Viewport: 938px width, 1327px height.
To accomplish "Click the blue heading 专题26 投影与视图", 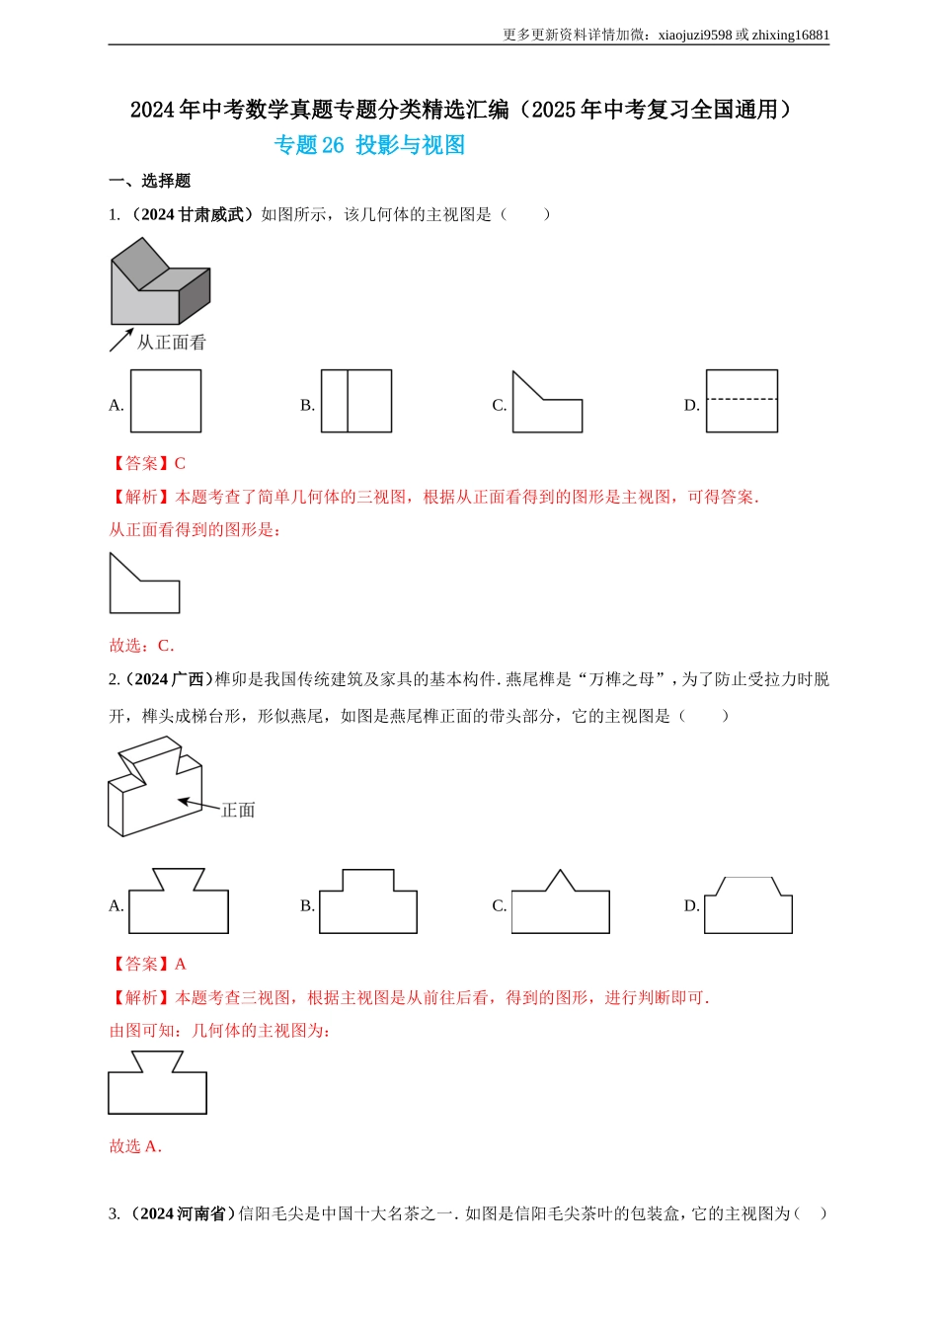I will (x=369, y=145).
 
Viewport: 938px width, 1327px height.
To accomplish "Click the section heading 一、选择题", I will (x=149, y=181).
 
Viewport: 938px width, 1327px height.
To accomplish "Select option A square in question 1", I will (x=166, y=401).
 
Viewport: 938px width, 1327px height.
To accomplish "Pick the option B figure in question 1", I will (x=356, y=401).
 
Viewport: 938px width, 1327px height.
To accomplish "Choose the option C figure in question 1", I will (x=546, y=406).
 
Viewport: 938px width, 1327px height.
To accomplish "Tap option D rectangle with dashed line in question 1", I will (x=742, y=401).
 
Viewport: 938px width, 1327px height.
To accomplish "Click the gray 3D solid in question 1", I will (x=159, y=284).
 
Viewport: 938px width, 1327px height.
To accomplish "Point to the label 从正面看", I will (x=171, y=343).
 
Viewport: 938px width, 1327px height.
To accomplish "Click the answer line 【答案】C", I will (x=147, y=463).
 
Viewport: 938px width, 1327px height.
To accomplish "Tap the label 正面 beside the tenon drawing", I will (x=238, y=811).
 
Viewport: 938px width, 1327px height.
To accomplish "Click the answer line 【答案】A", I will (x=147, y=964).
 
